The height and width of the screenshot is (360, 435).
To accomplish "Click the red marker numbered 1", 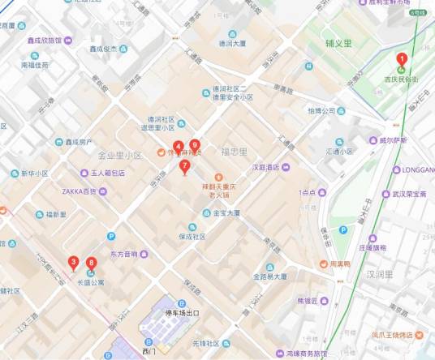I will point(401,58).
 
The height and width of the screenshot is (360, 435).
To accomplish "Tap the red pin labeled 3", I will point(73,262).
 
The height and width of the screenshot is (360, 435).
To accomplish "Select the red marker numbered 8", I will point(91,263).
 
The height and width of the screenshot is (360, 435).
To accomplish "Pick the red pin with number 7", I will point(185,167).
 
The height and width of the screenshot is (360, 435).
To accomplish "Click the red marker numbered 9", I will point(194,146).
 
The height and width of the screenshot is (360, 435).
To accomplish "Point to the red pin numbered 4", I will point(177,147).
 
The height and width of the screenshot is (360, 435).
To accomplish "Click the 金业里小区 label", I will point(119,155).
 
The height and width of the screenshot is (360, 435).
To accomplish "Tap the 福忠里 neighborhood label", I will point(234,152).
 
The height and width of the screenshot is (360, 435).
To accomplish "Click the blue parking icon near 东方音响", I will point(111,236).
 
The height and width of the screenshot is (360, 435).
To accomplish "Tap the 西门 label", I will point(149,352).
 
